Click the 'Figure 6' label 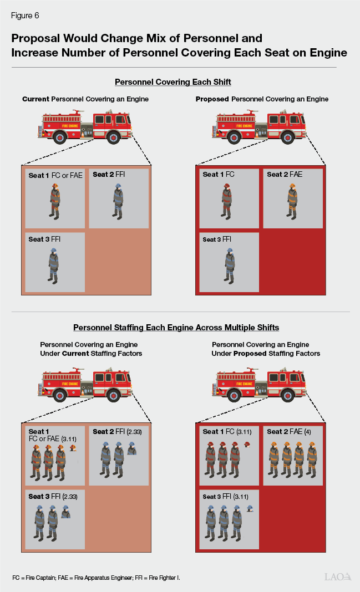24,15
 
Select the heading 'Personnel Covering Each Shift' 173,82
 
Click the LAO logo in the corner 338,577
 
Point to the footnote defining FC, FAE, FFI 96,578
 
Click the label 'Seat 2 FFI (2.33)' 116,432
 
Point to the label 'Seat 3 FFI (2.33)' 53,497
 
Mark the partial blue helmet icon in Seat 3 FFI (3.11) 250,508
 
